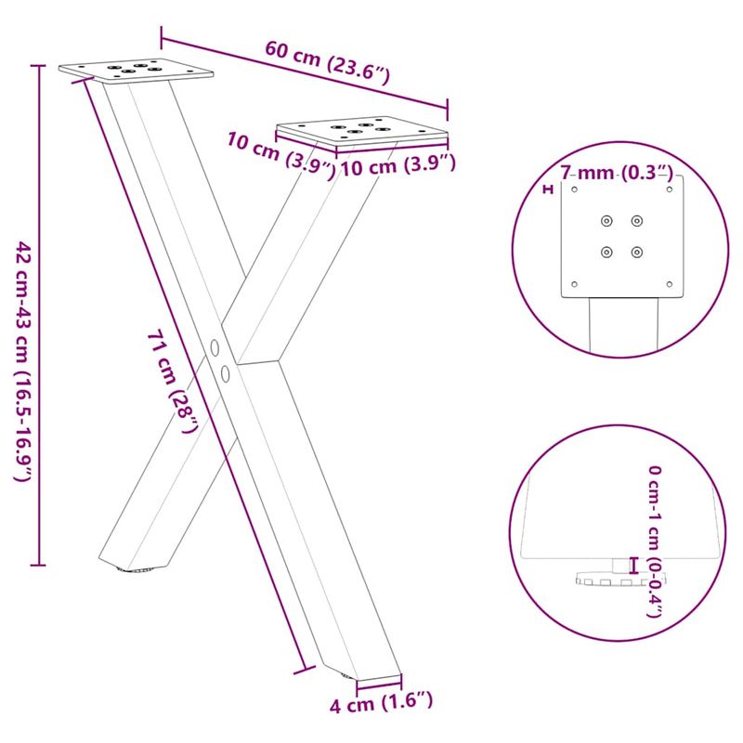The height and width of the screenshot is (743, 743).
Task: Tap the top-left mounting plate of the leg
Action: (x=136, y=70)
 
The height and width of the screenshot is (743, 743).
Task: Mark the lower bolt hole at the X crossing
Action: (x=226, y=373)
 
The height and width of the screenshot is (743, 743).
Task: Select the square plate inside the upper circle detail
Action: (x=623, y=237)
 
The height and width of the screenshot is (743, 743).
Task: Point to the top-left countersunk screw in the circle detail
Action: (x=606, y=221)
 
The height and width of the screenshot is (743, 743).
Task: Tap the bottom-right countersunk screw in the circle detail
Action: (x=636, y=251)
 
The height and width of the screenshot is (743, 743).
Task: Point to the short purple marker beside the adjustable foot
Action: (x=634, y=565)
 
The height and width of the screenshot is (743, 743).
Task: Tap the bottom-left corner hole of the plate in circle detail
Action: (x=575, y=283)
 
